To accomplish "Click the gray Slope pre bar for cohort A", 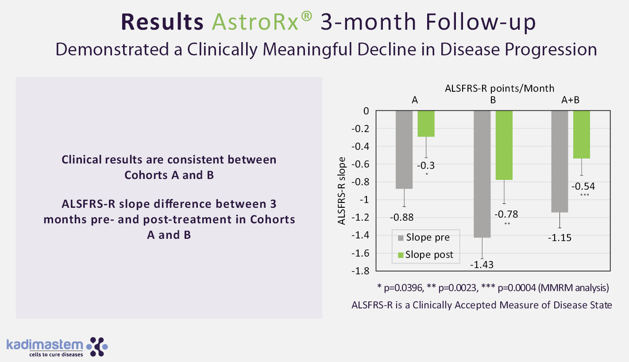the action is (x=404, y=149).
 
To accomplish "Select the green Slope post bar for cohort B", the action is (x=504, y=145).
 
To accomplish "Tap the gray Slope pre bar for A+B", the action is (x=560, y=161).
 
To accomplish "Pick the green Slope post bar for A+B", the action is (x=582, y=135).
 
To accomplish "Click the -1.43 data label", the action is (x=482, y=265).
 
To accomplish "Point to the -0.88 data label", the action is (x=402, y=217).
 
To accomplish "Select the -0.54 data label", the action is (x=583, y=187).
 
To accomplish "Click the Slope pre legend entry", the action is (x=424, y=237).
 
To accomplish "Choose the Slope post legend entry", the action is (x=425, y=255).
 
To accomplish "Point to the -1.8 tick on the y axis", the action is (x=361, y=271).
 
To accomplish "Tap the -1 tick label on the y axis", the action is (x=364, y=200).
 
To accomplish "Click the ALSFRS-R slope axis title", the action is (x=341, y=191).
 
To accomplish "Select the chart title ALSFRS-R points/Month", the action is (x=500, y=89).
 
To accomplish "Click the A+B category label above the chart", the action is (x=570, y=100).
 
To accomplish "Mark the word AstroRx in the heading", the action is (x=255, y=22).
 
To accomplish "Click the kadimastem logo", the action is (x=57, y=347).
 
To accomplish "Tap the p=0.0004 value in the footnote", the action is (x=517, y=288).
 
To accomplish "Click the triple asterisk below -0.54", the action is (x=585, y=195).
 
